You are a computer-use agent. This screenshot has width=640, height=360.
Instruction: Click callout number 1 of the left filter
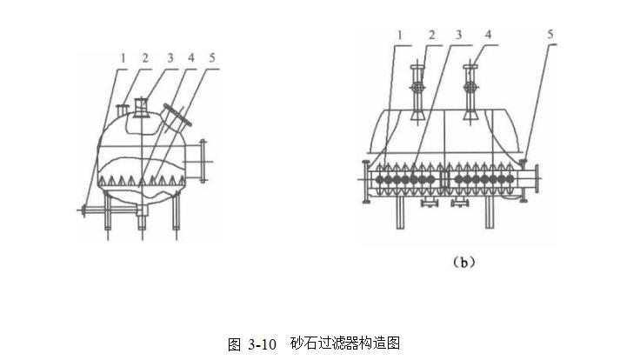click(123, 58)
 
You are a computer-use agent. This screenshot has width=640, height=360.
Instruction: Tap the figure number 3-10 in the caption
click(261, 344)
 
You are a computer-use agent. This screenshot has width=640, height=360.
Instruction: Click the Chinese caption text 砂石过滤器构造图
click(345, 344)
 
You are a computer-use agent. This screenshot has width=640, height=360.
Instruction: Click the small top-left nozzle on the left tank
click(121, 109)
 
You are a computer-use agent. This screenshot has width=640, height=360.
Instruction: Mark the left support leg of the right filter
click(401, 214)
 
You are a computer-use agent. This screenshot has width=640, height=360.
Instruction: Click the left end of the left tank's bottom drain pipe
click(81, 210)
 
